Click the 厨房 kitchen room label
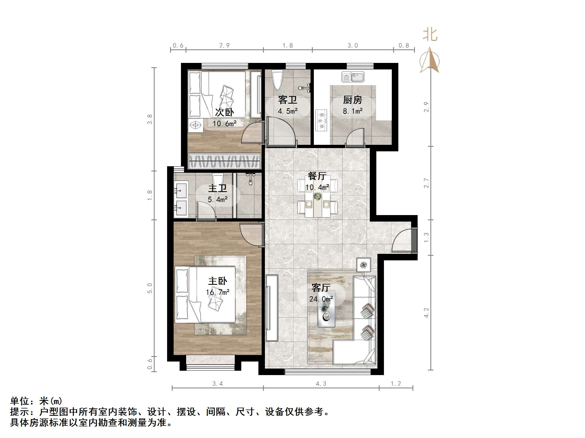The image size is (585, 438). pyautogui.click(x=352, y=100)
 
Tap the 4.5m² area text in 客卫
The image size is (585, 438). pyautogui.click(x=287, y=111)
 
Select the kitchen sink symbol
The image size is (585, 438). pyautogui.click(x=353, y=77)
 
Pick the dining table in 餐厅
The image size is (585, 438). pyautogui.click(x=317, y=196)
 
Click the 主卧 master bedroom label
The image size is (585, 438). pyautogui.click(x=217, y=281)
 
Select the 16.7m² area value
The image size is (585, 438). pyautogui.click(x=217, y=292)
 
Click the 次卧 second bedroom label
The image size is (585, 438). pyautogui.click(x=224, y=112)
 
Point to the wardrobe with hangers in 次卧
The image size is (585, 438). pyautogui.click(x=224, y=161)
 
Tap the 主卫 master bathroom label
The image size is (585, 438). pyautogui.click(x=217, y=188)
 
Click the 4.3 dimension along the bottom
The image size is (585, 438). pyautogui.click(x=321, y=383)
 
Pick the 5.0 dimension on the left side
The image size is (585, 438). pyautogui.click(x=150, y=288)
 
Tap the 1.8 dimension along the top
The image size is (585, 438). pyautogui.click(x=287, y=45)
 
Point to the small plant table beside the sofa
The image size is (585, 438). pyautogui.click(x=364, y=264)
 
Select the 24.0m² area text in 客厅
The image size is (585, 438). pyautogui.click(x=321, y=299)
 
